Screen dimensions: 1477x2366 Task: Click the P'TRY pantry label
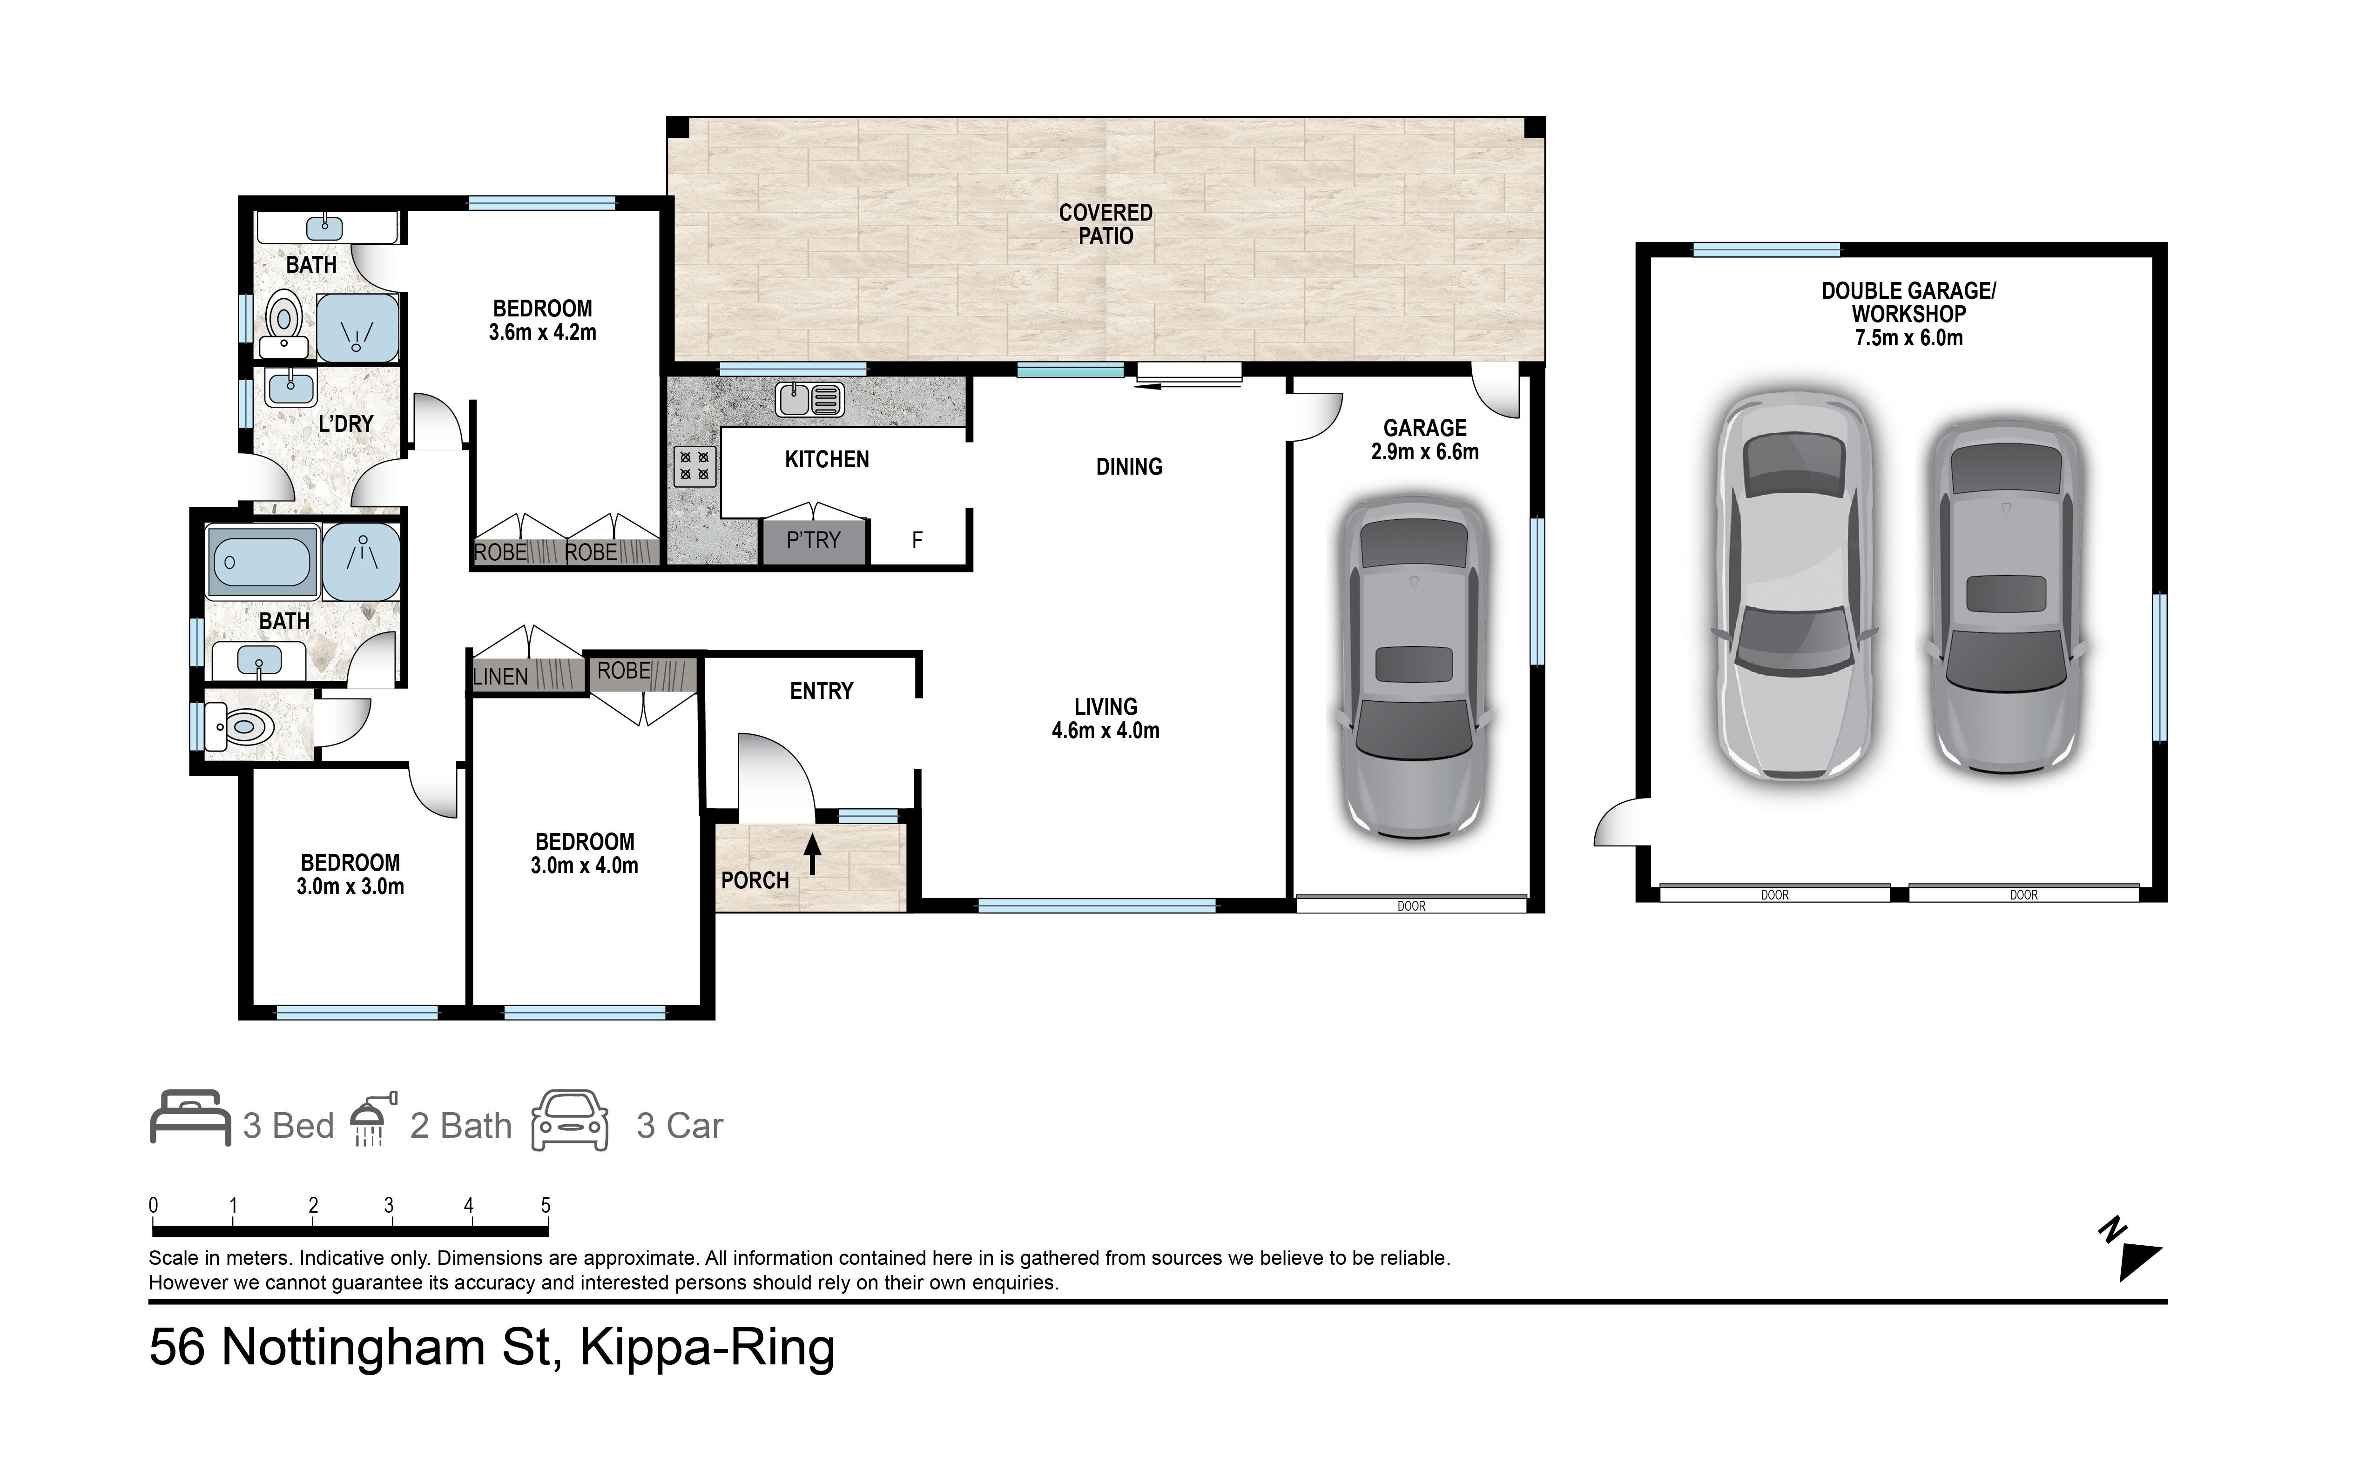pos(813,540)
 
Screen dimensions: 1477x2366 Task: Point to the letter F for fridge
pos(917,540)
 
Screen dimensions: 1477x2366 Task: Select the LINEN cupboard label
pos(500,676)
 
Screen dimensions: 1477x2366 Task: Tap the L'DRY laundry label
pos(346,424)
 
